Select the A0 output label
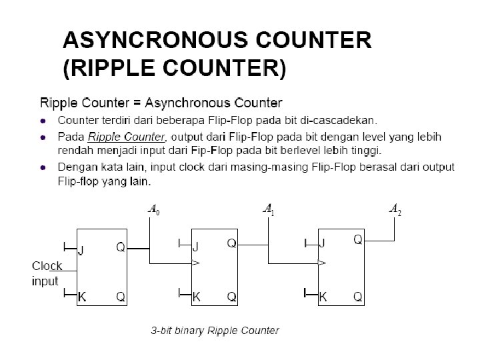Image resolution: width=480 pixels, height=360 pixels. (153, 211)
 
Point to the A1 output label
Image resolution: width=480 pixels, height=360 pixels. (269, 210)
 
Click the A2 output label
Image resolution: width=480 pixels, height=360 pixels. (395, 211)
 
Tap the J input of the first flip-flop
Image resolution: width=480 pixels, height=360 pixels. (82, 251)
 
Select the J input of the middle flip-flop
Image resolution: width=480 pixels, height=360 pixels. (196, 245)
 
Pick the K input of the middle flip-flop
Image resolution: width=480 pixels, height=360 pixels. (196, 296)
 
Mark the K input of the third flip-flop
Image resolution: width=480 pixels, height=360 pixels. (323, 297)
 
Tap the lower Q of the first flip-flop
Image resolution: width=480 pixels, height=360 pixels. (121, 296)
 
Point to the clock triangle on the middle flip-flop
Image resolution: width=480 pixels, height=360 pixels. (195, 263)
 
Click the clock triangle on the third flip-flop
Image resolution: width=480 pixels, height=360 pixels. (322, 263)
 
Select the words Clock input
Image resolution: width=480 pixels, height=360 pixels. (47, 274)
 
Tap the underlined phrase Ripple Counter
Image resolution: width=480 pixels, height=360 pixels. (126, 137)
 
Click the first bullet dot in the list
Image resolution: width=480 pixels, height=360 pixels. (43, 121)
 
